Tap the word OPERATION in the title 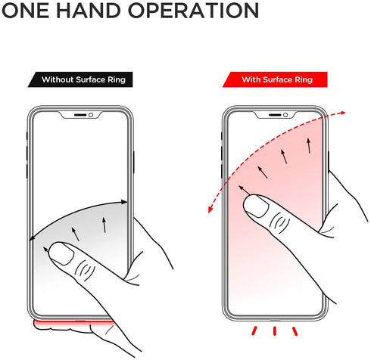point(194,11)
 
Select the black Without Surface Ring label point(80,79)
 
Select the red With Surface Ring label point(275,79)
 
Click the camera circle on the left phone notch point(91,115)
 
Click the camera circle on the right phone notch point(285,115)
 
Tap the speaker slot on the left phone point(80,115)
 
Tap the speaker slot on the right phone point(275,115)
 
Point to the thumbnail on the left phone point(61,253)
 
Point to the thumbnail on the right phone point(256,206)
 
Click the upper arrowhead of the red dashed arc point(342,113)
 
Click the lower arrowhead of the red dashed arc point(210,209)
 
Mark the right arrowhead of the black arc point(123,202)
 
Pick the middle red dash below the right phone point(275,331)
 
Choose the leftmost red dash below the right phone point(254,331)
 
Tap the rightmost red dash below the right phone point(295,331)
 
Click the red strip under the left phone point(74,323)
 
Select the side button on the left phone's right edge point(133,162)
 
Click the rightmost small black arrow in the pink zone point(309,145)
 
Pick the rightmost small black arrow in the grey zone point(104,225)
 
